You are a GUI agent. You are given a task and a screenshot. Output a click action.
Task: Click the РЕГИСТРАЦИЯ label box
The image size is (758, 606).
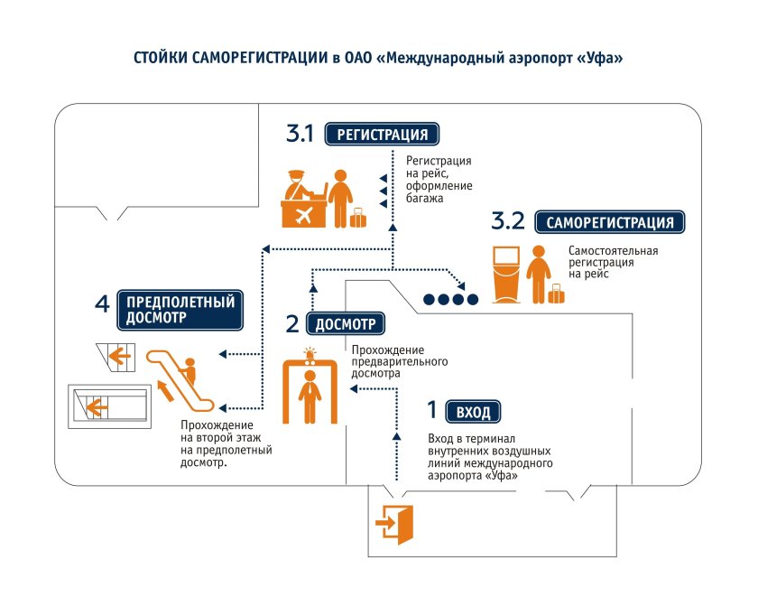(x=382, y=135)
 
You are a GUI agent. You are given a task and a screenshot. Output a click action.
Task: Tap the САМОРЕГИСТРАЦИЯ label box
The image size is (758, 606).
(x=610, y=223)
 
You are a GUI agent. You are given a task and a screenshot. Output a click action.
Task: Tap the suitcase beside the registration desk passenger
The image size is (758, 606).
(x=358, y=218)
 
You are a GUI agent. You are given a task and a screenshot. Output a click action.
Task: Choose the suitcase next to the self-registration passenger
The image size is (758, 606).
(x=556, y=294)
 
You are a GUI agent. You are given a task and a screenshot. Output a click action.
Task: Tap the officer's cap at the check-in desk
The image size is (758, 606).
(x=297, y=172)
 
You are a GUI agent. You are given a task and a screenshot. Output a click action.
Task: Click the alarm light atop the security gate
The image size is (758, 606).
(x=311, y=351)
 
